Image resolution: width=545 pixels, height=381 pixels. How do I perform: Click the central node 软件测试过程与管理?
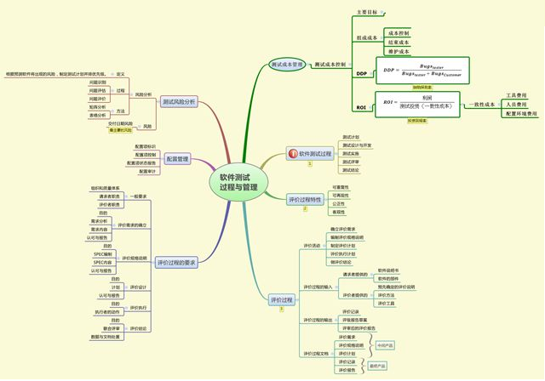coord(238,182)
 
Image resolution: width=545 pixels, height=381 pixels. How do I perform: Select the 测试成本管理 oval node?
coord(286,64)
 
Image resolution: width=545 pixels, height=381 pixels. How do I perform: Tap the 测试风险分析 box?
coord(179,101)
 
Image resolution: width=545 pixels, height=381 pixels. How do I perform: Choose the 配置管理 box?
coord(177,159)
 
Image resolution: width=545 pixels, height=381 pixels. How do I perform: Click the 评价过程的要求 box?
coord(177,263)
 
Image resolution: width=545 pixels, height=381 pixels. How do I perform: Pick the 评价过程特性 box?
coord(305,199)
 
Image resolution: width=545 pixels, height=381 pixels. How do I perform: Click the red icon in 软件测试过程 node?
coord(292,154)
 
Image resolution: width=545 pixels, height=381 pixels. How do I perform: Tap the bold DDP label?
coord(361,74)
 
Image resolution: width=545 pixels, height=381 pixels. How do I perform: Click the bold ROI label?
coord(361,108)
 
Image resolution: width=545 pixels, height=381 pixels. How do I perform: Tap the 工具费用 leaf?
coord(516,95)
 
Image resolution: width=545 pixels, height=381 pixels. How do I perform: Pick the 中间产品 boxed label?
coord(385,346)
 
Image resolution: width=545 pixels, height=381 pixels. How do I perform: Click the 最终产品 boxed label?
coord(376,366)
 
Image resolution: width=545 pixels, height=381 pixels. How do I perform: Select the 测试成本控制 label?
coord(330,64)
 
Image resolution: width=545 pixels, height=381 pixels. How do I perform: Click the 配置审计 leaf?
coord(148,172)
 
